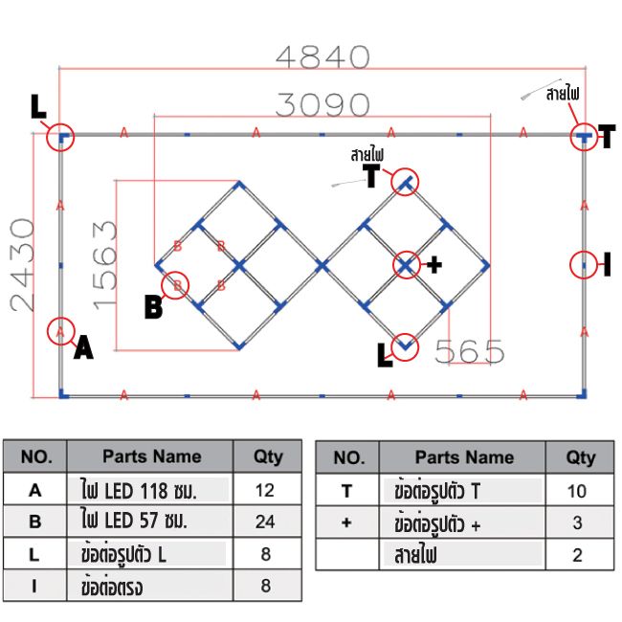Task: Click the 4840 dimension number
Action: pos(322,56)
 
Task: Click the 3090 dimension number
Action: pos(322,103)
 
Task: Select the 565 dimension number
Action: pos(469,352)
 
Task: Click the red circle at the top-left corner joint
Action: pos(60,138)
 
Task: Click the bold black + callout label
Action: pos(433,265)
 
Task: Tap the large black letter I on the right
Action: pos(607,265)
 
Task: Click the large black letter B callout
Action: pos(153,307)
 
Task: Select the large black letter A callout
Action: pos(83,349)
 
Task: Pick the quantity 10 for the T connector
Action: pos(580,491)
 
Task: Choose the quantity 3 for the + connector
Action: pos(580,523)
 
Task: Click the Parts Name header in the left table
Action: pos(151,456)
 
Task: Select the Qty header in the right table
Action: pos(580,457)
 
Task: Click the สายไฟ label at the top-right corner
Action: pos(562,94)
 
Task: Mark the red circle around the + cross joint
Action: pos(407,265)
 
